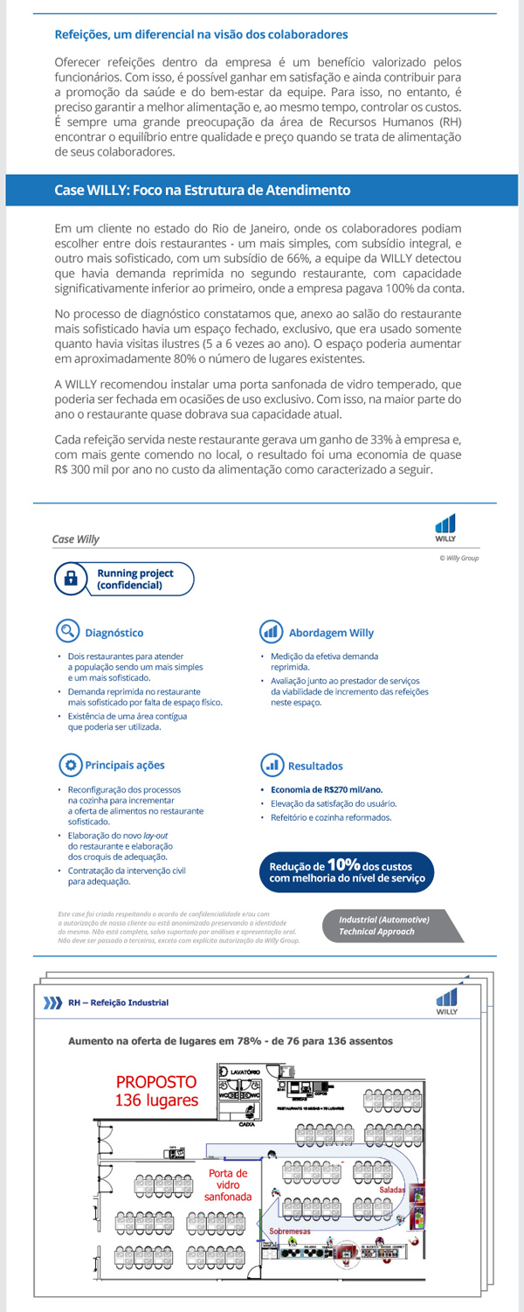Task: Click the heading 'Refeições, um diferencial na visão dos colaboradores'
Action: pos(201,35)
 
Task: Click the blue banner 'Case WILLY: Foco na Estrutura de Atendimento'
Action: pos(202,190)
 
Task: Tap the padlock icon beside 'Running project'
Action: pos(72,579)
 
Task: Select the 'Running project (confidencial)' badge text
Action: pos(134,579)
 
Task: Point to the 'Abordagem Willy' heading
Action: pos(330,633)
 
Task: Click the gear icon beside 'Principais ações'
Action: pos(69,765)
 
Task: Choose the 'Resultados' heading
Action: pos(315,766)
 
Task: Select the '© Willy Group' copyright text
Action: pos(458,558)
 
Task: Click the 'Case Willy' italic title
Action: pos(76,539)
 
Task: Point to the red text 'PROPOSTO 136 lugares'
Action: pos(157,1091)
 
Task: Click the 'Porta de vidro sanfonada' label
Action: pos(229,1184)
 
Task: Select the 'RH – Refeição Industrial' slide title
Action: pos(118,1003)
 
